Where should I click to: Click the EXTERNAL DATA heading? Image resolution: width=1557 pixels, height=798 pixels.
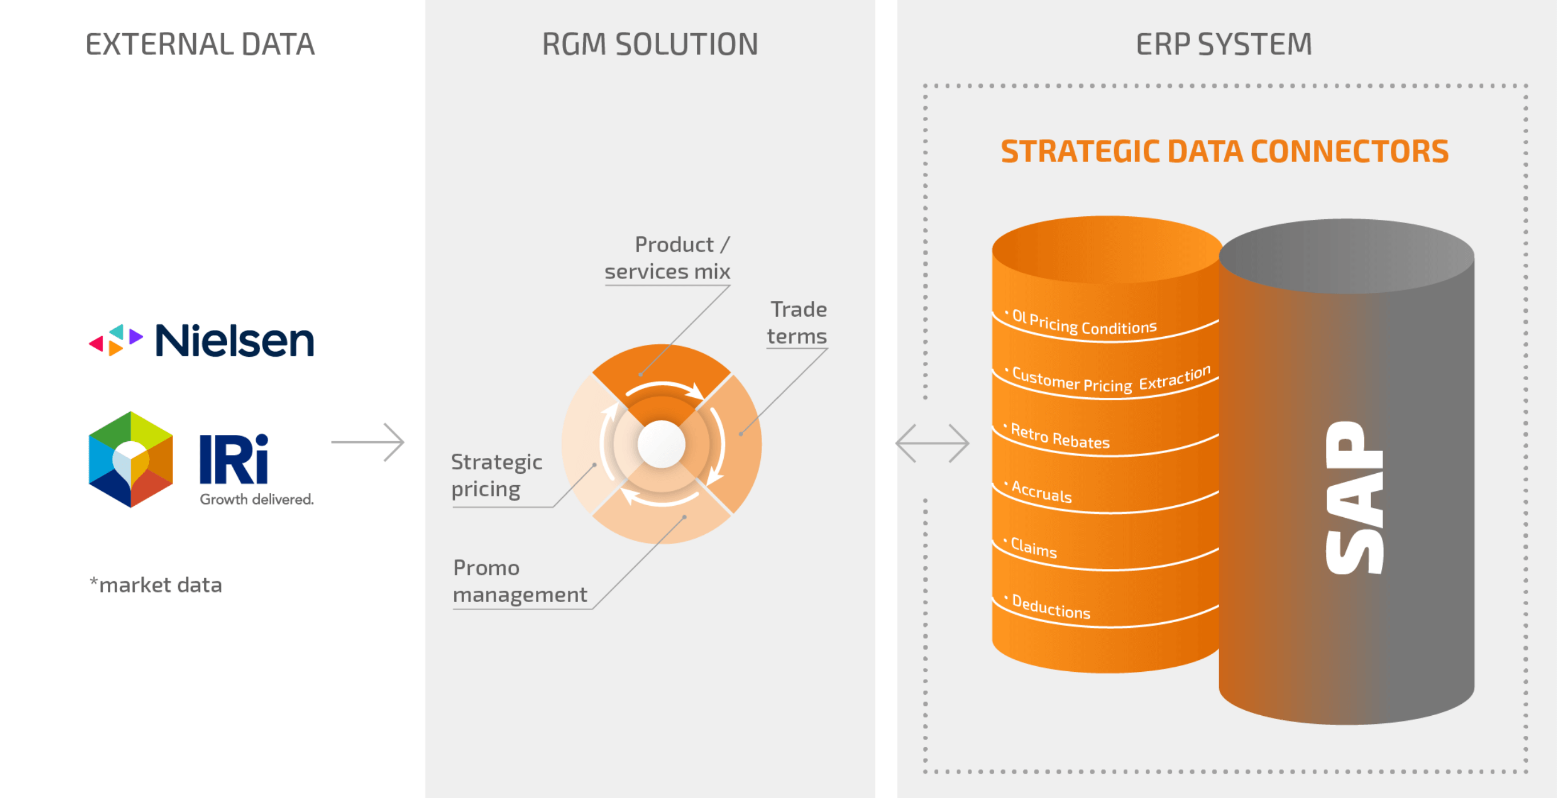coord(200,44)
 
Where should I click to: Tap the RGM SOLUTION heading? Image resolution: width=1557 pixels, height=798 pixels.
coord(650,44)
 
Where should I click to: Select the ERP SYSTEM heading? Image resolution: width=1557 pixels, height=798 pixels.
coord(1224,44)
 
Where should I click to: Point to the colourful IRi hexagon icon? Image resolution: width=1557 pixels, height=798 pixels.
coord(131,460)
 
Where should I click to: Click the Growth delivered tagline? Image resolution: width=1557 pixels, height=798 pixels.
coord(257,499)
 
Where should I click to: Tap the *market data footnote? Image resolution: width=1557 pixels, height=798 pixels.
coord(156,585)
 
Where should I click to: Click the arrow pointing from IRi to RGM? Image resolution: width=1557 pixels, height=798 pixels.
coord(368,442)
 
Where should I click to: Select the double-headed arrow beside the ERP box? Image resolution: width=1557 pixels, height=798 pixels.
coord(933,443)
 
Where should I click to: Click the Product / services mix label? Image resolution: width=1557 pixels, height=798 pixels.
coord(668,258)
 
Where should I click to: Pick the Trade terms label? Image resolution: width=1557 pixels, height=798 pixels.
coord(797,323)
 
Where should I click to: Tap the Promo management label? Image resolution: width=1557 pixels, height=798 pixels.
coord(520,581)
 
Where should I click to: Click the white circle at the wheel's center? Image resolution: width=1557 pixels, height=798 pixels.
coord(661,444)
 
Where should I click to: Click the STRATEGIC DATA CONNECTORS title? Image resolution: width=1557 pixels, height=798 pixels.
coord(1225,151)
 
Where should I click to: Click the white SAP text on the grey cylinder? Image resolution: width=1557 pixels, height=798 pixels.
coord(1354,498)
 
